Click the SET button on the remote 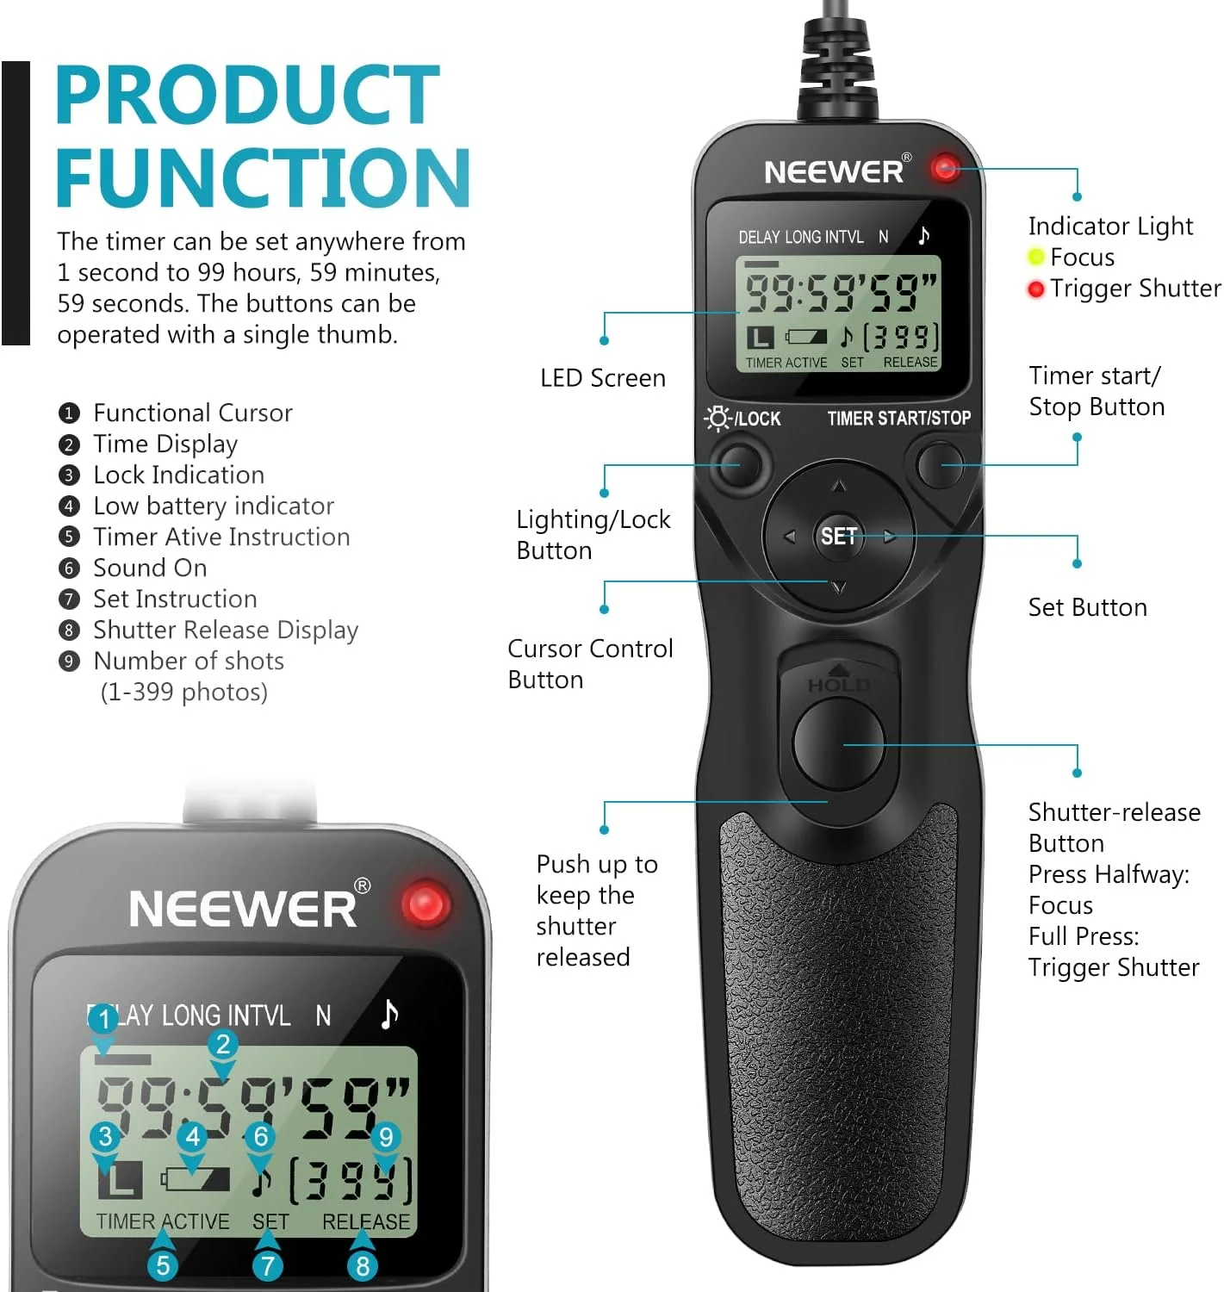838,536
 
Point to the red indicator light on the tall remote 945,167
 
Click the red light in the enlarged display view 426,905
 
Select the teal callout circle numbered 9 386,1137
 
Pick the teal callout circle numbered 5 163,1265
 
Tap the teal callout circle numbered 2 223,1044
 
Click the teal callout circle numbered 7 268,1265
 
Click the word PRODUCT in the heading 248,96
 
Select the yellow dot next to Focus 1036,257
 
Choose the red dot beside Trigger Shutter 1036,289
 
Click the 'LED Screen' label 603,378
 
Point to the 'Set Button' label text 1087,608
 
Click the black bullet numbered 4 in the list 69,506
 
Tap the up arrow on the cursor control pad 839,488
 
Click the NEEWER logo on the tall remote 834,171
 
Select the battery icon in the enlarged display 196,1178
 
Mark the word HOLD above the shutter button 838,686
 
